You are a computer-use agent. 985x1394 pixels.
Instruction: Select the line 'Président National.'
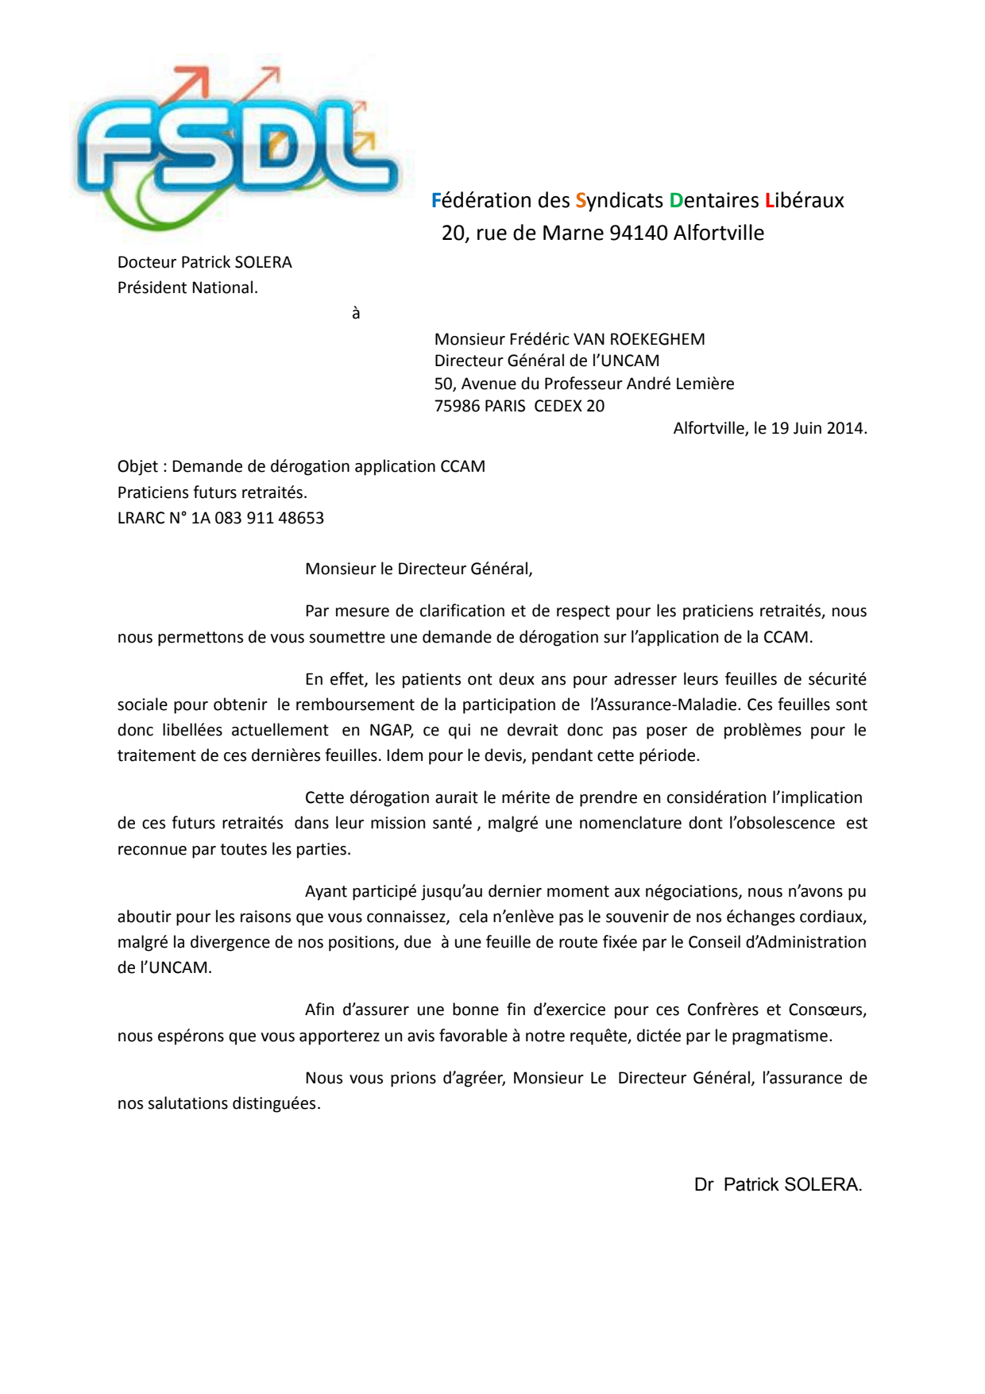click(x=187, y=288)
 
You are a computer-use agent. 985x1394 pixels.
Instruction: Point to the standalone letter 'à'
click(x=356, y=313)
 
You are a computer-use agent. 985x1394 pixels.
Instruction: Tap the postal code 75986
click(x=457, y=406)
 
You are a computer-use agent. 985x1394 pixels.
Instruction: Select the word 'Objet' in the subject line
click(x=137, y=466)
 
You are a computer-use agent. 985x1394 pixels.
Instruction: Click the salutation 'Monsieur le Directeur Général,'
click(x=419, y=569)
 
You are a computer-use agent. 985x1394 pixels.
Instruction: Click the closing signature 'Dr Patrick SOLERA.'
click(x=778, y=1184)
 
